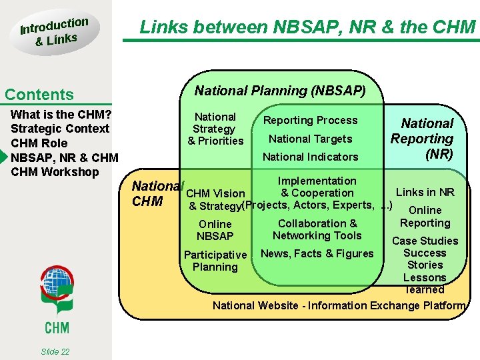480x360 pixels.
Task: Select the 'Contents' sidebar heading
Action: (x=39, y=95)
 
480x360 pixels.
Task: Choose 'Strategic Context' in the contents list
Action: (x=60, y=129)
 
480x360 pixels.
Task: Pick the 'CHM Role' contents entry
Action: (x=39, y=143)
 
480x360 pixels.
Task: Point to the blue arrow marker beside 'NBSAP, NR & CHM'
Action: (x=4, y=158)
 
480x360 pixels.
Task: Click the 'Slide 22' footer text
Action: (x=55, y=352)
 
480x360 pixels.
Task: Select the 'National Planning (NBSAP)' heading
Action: (x=280, y=90)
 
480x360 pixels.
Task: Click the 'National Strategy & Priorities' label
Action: (x=215, y=129)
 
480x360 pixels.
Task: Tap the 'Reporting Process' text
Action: (x=310, y=121)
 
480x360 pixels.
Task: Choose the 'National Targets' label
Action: (x=310, y=139)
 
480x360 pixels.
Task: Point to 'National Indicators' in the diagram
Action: (x=310, y=157)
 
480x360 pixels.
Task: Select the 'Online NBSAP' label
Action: (x=215, y=230)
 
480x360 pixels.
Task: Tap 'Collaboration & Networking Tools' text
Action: (x=317, y=229)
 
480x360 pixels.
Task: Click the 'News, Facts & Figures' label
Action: (x=317, y=253)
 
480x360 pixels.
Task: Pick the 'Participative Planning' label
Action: (x=215, y=261)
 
